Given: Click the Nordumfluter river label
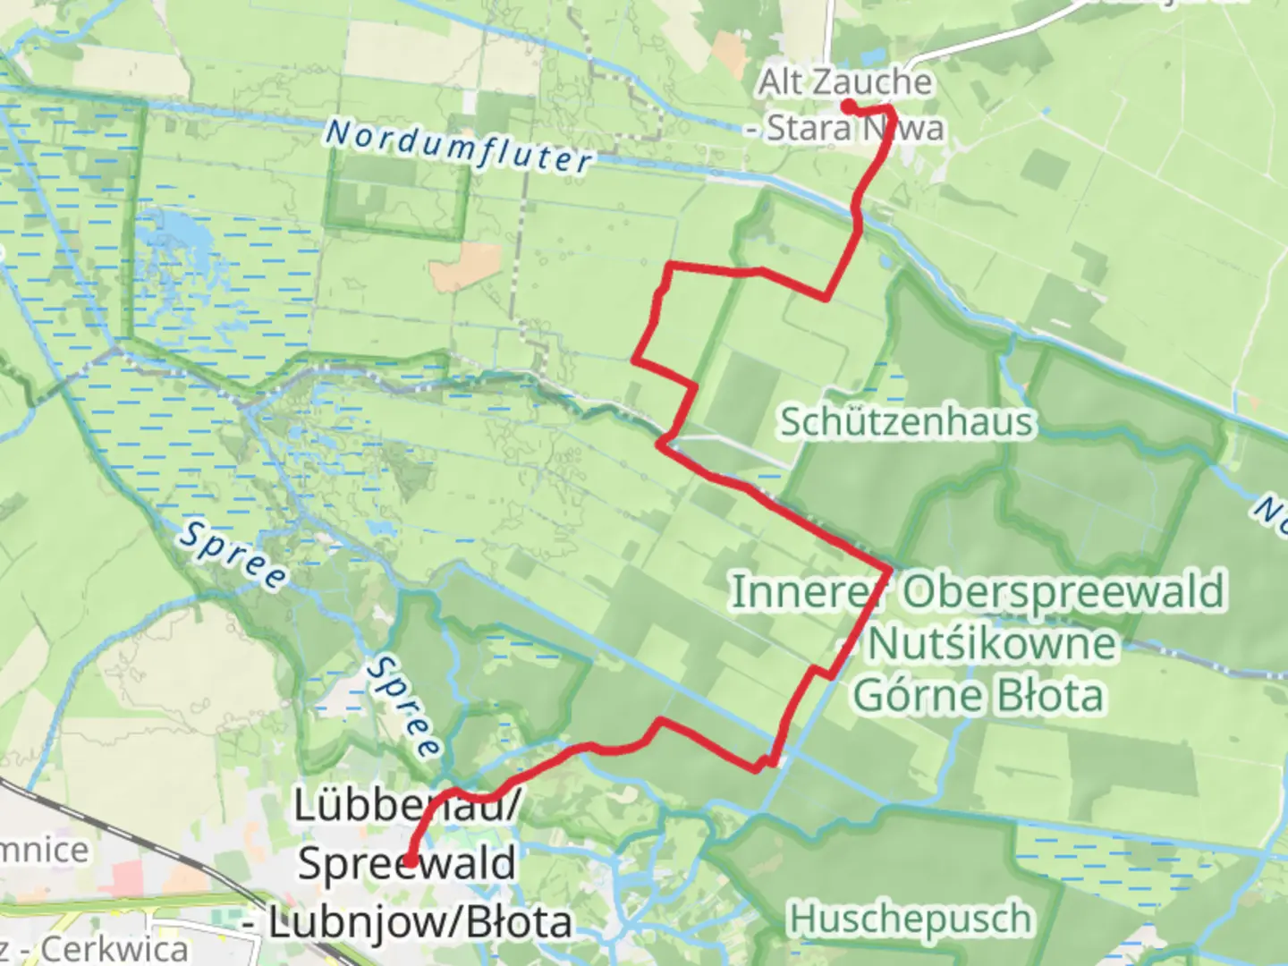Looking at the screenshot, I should (x=458, y=146).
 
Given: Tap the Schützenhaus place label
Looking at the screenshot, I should (x=906, y=421).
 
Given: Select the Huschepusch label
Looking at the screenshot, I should (x=910, y=919).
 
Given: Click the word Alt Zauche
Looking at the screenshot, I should (x=845, y=82).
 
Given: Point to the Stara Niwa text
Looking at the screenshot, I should (x=854, y=129).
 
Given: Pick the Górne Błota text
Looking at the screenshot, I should (x=979, y=696).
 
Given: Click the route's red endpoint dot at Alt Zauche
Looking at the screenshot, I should (x=846, y=106).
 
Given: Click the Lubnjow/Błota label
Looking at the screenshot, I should (x=420, y=923).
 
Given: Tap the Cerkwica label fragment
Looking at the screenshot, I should (x=114, y=949).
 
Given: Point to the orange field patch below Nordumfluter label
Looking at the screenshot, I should (x=465, y=267).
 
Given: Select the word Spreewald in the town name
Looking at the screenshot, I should (x=407, y=864).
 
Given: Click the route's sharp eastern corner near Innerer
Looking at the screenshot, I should (x=889, y=569).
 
